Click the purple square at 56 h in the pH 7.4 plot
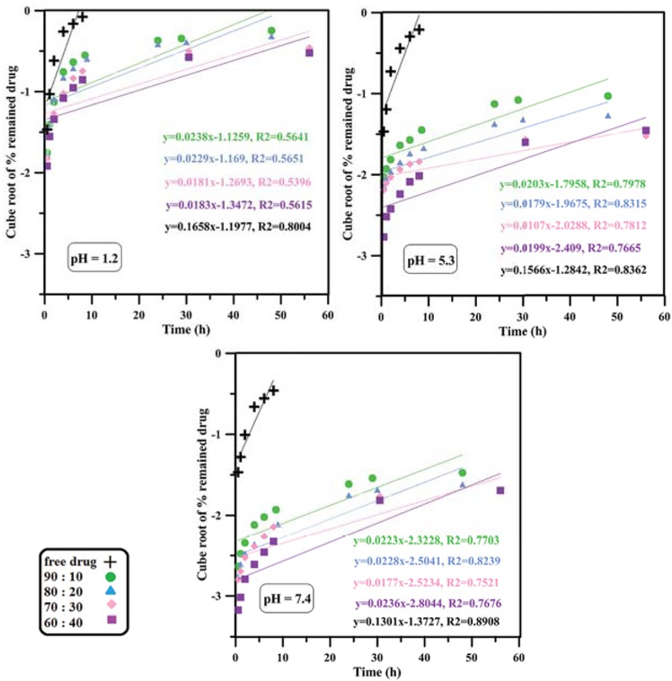[500, 490]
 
